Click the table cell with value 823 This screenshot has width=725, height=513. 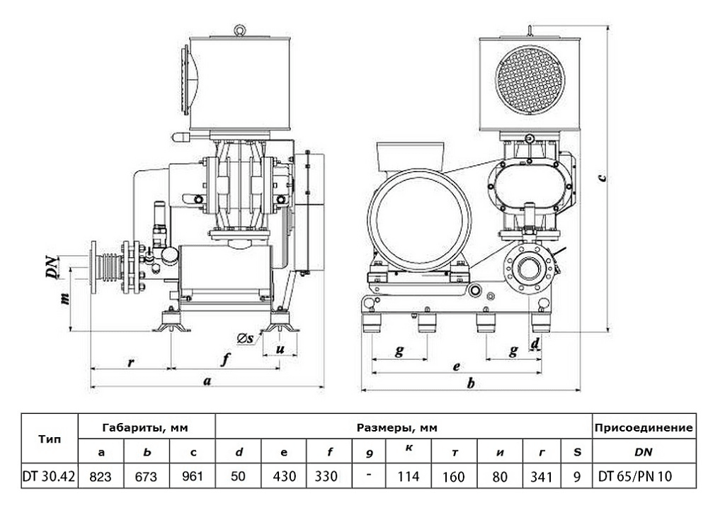click(102, 476)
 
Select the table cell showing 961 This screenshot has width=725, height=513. click(193, 476)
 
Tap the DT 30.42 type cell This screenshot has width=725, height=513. click(50, 476)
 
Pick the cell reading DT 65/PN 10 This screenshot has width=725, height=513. click(644, 476)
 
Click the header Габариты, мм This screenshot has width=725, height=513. click(147, 427)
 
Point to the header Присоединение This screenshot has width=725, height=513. click(644, 427)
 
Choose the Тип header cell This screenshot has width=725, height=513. click(50, 439)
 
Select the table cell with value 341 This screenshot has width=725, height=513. click(541, 476)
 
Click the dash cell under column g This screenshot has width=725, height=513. click(368, 476)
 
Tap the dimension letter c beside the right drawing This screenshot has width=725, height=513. click(600, 177)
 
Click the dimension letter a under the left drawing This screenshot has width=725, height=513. click(207, 381)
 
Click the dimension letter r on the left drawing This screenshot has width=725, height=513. click(130, 362)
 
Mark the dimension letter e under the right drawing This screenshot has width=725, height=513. click(457, 366)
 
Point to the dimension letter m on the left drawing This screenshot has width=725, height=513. click(65, 299)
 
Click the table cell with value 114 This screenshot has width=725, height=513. click(409, 476)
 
